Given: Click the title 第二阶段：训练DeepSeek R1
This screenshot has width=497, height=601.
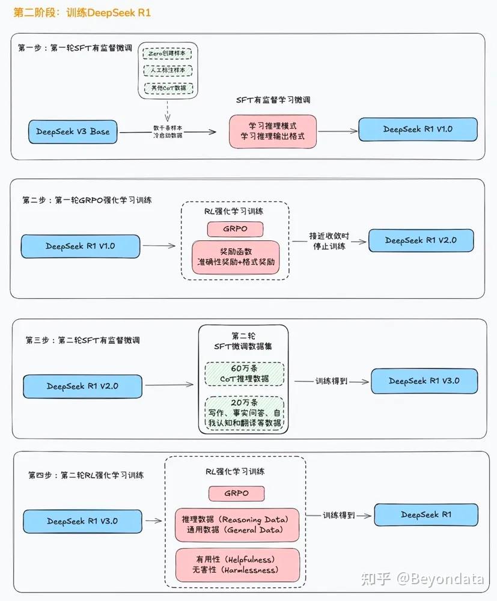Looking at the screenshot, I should [x=82, y=12].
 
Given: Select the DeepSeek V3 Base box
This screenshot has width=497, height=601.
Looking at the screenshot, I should [x=73, y=132].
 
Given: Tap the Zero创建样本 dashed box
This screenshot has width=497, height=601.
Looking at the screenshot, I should [x=168, y=53].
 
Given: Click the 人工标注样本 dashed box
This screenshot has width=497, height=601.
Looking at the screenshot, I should [x=168, y=70].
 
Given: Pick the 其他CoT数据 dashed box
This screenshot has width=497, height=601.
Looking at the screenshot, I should [x=168, y=88].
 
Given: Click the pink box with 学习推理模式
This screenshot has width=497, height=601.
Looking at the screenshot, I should [x=273, y=132].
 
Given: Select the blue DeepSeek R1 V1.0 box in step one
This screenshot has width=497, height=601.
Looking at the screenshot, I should [x=418, y=129].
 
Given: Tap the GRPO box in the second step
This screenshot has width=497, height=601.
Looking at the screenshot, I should [x=236, y=229].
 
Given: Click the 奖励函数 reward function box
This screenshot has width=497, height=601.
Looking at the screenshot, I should [x=236, y=257].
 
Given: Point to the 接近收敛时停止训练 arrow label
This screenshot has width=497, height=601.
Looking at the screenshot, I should [x=329, y=241].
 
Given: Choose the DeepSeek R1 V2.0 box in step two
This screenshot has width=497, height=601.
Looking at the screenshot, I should [x=421, y=240].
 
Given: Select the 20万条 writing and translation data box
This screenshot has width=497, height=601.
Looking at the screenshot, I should [x=244, y=414].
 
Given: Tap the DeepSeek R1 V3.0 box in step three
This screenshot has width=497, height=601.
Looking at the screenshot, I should [x=424, y=381].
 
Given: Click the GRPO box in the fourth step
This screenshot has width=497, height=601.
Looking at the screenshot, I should [x=236, y=493].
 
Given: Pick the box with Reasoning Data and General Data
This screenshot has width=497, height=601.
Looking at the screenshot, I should [x=236, y=524].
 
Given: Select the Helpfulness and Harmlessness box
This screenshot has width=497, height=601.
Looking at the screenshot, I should [x=236, y=564].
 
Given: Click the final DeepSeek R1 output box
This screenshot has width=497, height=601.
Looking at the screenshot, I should [x=425, y=515].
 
